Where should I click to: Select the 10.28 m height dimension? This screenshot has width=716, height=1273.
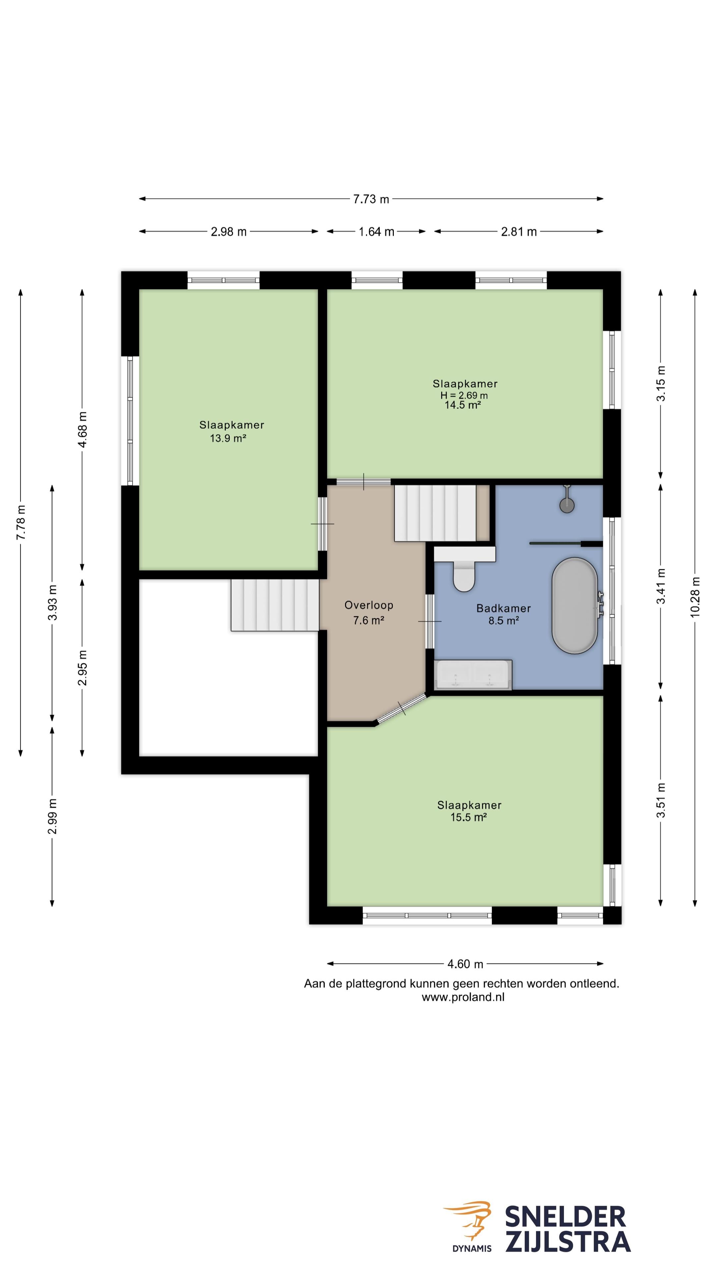tap(695, 596)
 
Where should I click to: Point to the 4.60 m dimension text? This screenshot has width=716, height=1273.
tap(465, 964)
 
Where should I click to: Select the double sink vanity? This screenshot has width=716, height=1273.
tap(473, 675)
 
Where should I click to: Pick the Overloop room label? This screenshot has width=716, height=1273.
tap(369, 605)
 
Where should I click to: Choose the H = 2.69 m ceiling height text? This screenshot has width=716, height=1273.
tap(464, 395)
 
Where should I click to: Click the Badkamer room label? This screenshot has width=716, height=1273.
tap(504, 608)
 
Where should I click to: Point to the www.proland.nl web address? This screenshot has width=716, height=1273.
tap(463, 997)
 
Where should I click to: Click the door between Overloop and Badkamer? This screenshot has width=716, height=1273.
tap(429, 621)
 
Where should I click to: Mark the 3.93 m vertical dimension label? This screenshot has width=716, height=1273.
tap(52, 602)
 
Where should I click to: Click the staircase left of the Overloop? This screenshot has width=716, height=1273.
tap(275, 605)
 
